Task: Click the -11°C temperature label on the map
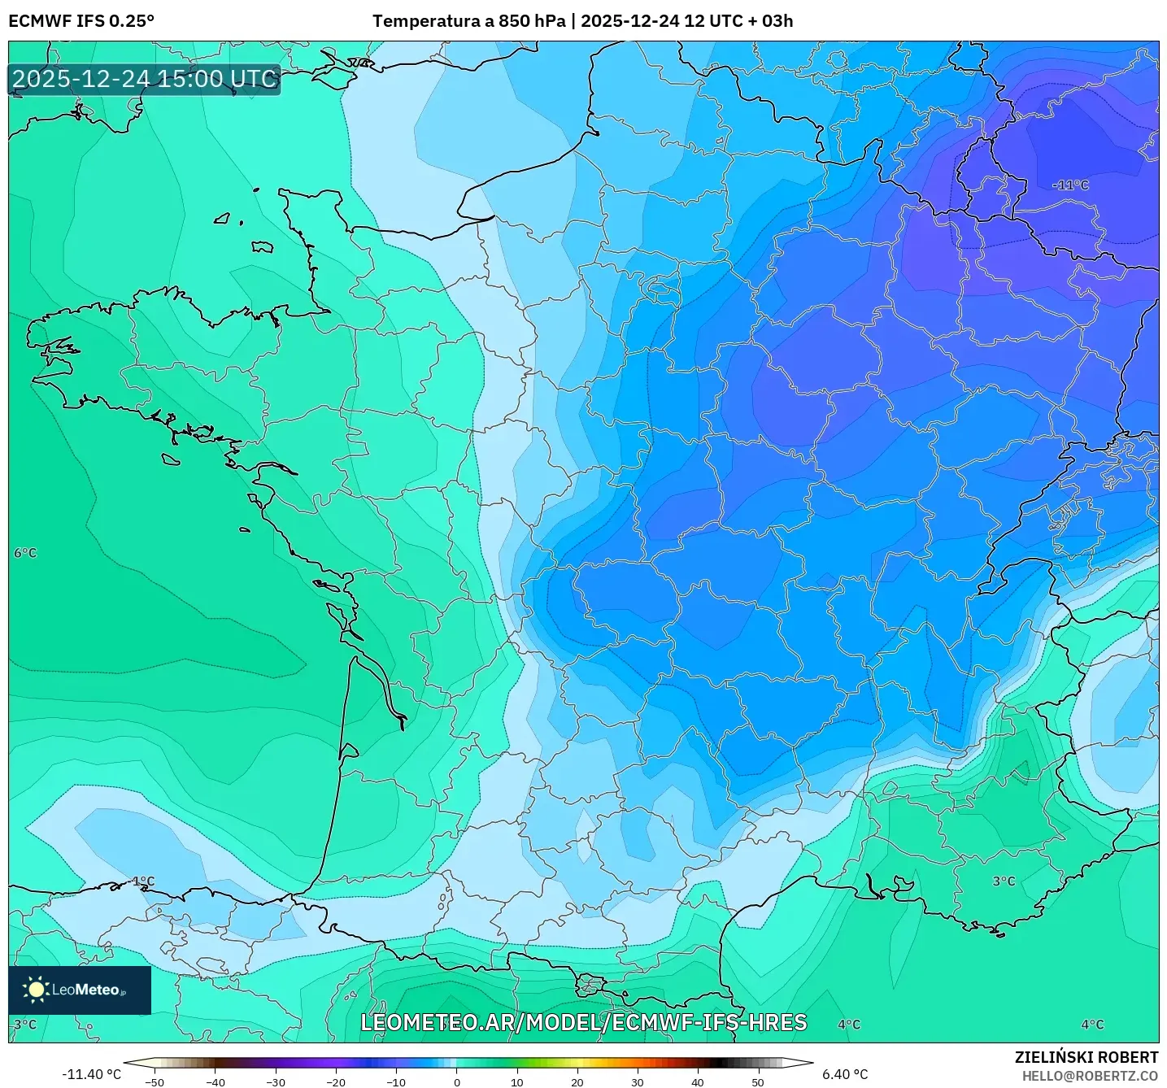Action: (x=1070, y=185)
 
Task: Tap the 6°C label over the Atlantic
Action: (x=25, y=553)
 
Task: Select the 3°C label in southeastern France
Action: (x=1004, y=881)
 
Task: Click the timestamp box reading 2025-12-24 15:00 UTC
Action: (x=145, y=79)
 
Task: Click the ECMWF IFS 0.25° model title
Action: (x=81, y=21)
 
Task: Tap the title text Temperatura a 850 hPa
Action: (x=468, y=21)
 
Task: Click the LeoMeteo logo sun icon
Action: (x=36, y=990)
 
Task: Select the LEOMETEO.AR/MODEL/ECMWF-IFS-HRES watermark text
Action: (x=583, y=1022)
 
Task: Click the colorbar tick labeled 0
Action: (x=457, y=1081)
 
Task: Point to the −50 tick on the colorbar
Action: (x=155, y=1081)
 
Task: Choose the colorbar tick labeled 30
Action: (x=638, y=1081)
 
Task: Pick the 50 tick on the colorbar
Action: (x=758, y=1081)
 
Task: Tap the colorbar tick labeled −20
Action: (x=335, y=1081)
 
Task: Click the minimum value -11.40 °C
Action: (x=91, y=1074)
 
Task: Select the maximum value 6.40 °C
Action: (x=845, y=1074)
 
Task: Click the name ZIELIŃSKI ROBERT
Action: (x=1086, y=1057)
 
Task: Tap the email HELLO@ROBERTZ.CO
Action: (x=1090, y=1076)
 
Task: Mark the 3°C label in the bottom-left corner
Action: (x=25, y=1025)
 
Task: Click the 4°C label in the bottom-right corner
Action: (x=1092, y=1025)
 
